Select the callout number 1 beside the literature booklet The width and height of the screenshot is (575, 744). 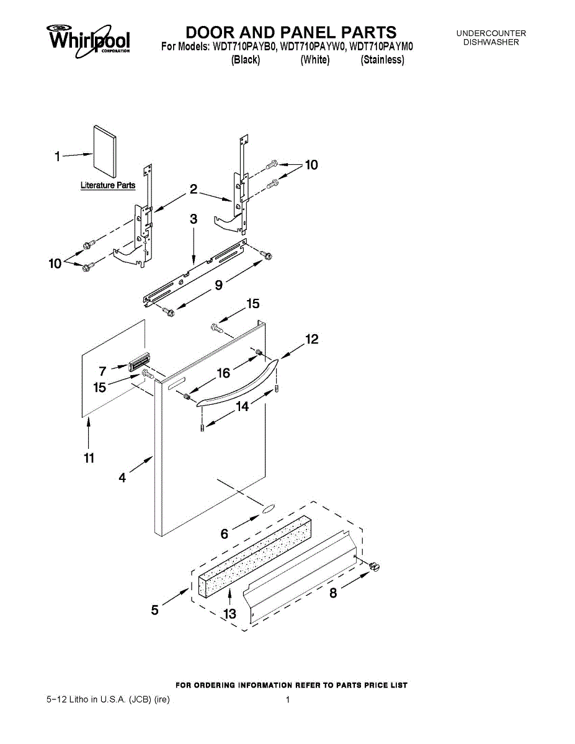(57, 157)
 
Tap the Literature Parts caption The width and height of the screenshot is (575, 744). (108, 185)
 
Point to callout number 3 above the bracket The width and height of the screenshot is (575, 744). (194, 219)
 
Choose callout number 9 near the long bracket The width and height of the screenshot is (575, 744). (218, 285)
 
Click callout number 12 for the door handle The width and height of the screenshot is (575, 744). (311, 340)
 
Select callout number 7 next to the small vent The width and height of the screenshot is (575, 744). (103, 371)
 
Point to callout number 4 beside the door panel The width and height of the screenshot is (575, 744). (123, 477)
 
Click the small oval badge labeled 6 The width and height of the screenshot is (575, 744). (267, 509)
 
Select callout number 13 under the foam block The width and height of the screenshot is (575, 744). (230, 614)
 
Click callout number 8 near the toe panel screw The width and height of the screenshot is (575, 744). (333, 593)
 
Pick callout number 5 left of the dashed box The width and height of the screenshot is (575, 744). (155, 610)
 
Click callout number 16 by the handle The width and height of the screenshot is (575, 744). (223, 373)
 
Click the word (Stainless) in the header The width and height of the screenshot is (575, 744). (383, 60)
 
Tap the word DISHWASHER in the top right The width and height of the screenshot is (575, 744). (491, 42)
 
